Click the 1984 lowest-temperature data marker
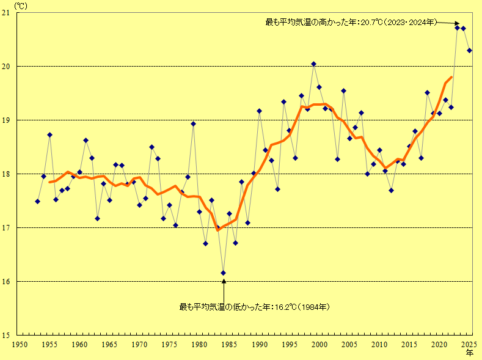pyautogui.click(x=224, y=273)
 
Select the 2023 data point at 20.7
pyautogui.click(x=457, y=28)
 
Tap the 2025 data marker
pyautogui.click(x=469, y=50)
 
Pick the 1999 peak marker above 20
pyautogui.click(x=313, y=64)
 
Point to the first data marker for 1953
pyautogui.click(x=37, y=201)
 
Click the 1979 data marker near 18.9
pyautogui.click(x=193, y=123)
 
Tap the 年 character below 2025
pyautogui.click(x=470, y=353)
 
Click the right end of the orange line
pyautogui.click(x=451, y=77)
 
